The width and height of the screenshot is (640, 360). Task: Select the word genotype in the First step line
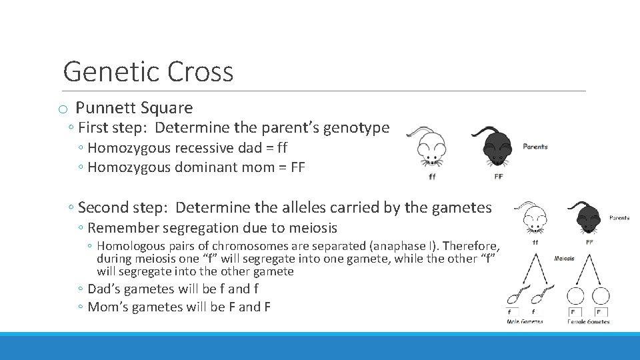[x=357, y=127]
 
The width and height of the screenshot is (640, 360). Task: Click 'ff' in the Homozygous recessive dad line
[x=280, y=148]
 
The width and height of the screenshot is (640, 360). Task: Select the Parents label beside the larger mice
[x=535, y=147]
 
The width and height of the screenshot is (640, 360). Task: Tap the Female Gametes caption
[x=589, y=322]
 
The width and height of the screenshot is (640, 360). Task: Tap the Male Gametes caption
[x=525, y=322]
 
